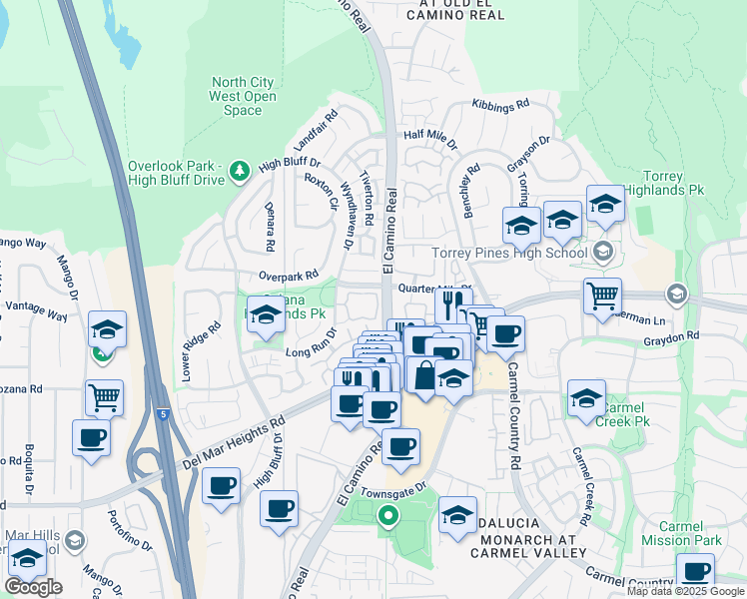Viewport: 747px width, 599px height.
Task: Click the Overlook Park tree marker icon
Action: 239,173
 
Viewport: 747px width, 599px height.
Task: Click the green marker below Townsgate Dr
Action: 388,516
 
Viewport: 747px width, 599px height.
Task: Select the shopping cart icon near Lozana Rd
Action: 104,396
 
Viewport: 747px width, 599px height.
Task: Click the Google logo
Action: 33,587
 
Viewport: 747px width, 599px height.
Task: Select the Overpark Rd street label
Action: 287,274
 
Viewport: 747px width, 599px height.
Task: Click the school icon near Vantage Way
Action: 107,328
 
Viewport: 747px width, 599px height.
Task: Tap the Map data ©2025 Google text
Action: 684,591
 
